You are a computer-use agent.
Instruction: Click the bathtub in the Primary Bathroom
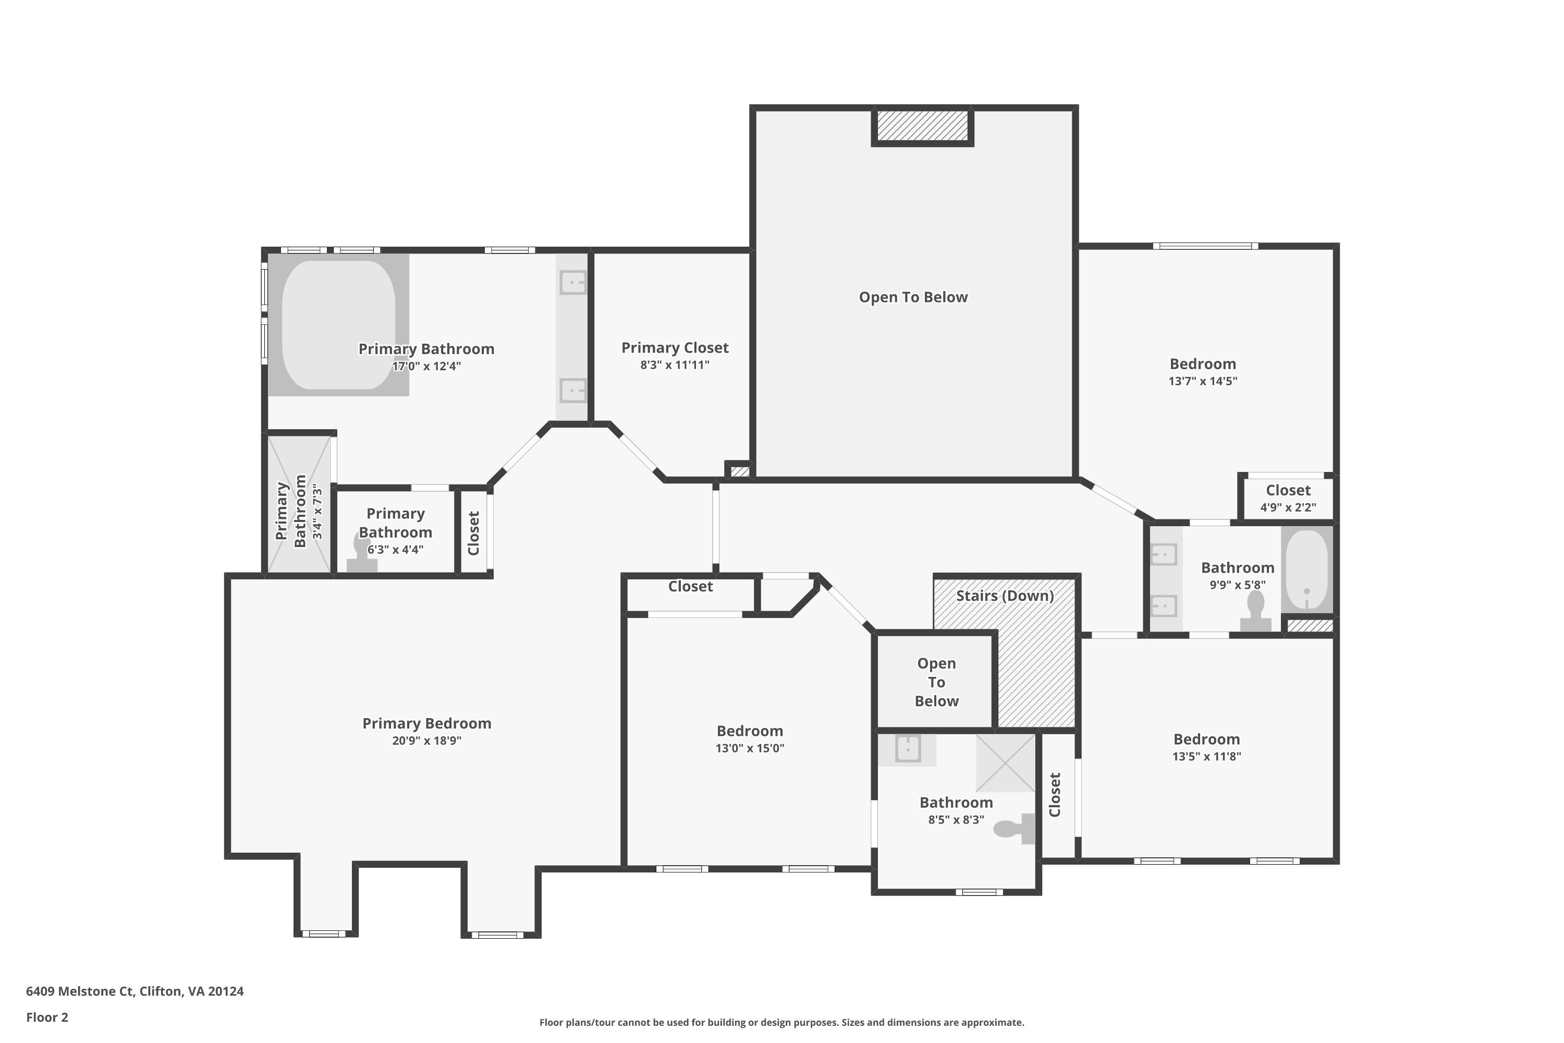tap(338, 324)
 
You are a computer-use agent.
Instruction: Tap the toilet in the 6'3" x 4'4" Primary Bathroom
tap(362, 552)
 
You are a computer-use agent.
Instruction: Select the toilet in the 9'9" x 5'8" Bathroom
tap(1255, 611)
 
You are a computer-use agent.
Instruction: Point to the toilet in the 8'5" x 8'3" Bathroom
tap(1014, 829)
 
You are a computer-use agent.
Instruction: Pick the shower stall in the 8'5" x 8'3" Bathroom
tap(1006, 763)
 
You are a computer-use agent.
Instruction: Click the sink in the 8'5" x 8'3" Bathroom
tap(908, 748)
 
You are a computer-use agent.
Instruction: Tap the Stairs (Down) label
tap(1005, 596)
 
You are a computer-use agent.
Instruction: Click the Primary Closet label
tap(675, 347)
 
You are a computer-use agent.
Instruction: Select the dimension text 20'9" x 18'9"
tap(426, 741)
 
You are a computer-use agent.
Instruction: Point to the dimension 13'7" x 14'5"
tap(1203, 381)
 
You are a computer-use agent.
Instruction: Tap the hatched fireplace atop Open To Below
tap(922, 126)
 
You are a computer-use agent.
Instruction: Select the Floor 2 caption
tap(47, 1017)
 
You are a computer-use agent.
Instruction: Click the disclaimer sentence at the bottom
tap(781, 1022)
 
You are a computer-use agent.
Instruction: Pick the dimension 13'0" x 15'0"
tap(750, 748)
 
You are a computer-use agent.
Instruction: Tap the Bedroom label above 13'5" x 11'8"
tap(1206, 739)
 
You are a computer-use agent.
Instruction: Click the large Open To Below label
tap(913, 297)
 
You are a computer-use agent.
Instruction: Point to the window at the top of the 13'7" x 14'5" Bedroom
tap(1205, 246)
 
